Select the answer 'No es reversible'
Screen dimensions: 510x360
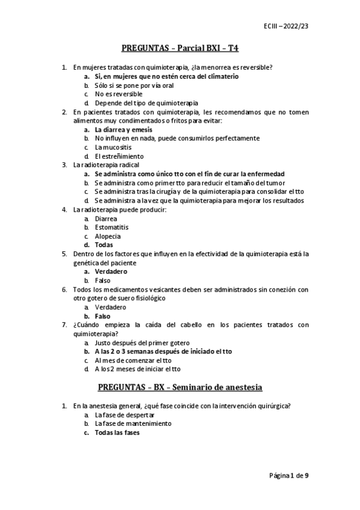coord(118,94)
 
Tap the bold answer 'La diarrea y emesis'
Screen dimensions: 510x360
coord(123,129)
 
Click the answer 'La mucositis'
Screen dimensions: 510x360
coord(113,147)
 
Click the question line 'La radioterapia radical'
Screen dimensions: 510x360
coord(106,165)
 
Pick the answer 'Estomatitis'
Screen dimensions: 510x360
coord(111,227)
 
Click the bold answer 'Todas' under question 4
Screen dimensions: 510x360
coord(104,245)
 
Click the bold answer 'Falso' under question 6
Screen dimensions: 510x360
coord(103,316)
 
